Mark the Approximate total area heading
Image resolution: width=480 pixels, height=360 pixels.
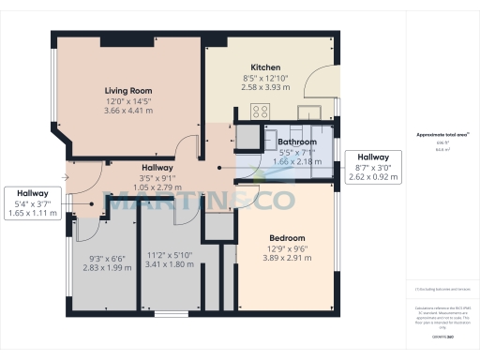(x=441, y=134)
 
